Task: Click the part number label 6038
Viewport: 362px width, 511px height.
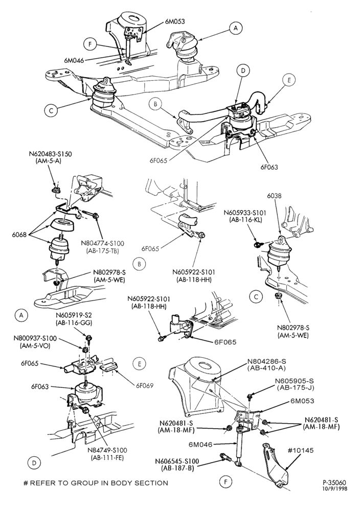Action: (x=274, y=196)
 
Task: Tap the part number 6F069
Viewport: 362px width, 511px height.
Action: (x=145, y=385)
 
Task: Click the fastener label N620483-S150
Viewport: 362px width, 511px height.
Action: (x=50, y=154)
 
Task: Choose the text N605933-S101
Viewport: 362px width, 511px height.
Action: (x=245, y=213)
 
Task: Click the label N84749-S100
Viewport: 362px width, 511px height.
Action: (x=107, y=450)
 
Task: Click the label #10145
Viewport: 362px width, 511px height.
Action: (x=301, y=450)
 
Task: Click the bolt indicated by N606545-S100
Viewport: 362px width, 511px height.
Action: (x=227, y=457)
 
